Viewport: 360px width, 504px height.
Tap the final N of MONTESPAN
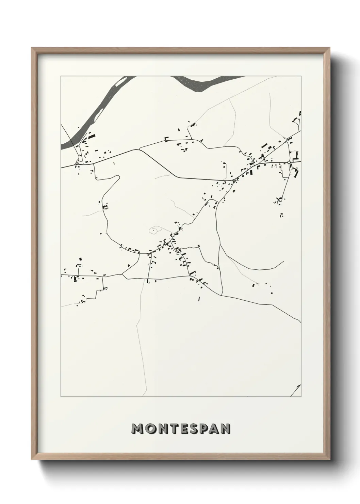(x=225, y=429)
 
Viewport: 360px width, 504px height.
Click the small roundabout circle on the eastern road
(x=289, y=162)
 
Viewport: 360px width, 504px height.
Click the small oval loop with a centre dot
(x=154, y=231)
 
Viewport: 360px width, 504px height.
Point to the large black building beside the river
(x=92, y=136)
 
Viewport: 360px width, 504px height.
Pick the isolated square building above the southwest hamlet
(x=81, y=259)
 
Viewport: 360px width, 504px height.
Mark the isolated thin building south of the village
(x=199, y=299)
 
